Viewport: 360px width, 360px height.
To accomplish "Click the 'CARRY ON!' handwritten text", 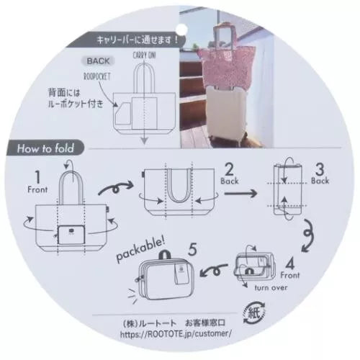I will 145,55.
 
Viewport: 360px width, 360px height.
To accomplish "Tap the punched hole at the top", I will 179,20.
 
